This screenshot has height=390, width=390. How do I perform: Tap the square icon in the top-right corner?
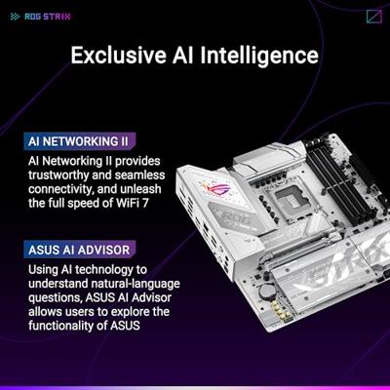click(373, 16)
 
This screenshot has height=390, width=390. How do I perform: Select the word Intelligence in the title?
click(262, 56)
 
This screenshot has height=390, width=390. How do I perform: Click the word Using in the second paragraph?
click(47, 268)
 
